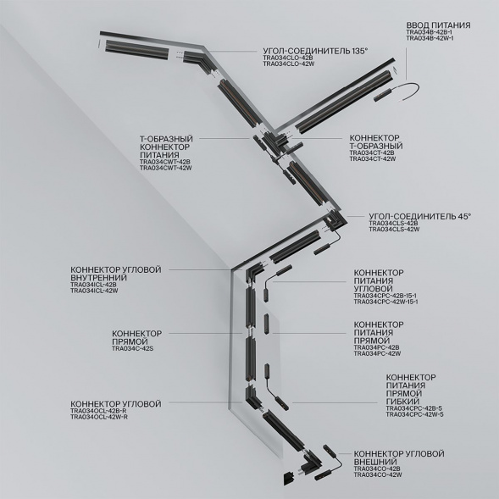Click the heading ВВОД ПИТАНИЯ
pyautogui.click(x=438, y=25)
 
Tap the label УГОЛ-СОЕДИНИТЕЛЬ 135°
pyautogui.click(x=315, y=51)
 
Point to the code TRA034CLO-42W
pyautogui.click(x=288, y=64)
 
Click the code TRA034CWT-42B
pyautogui.click(x=165, y=161)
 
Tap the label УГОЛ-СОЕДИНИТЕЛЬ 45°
pyautogui.click(x=419, y=216)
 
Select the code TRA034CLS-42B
pyautogui.click(x=394, y=223)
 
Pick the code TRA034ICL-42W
pyautogui.click(x=94, y=291)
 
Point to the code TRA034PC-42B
pyautogui.click(x=376, y=347)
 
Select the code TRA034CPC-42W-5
pyautogui.click(x=414, y=414)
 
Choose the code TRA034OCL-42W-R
pyautogui.click(x=99, y=417)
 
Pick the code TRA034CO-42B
pyautogui.click(x=377, y=469)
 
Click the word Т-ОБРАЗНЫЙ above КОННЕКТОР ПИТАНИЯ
pyautogui.click(x=165, y=138)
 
